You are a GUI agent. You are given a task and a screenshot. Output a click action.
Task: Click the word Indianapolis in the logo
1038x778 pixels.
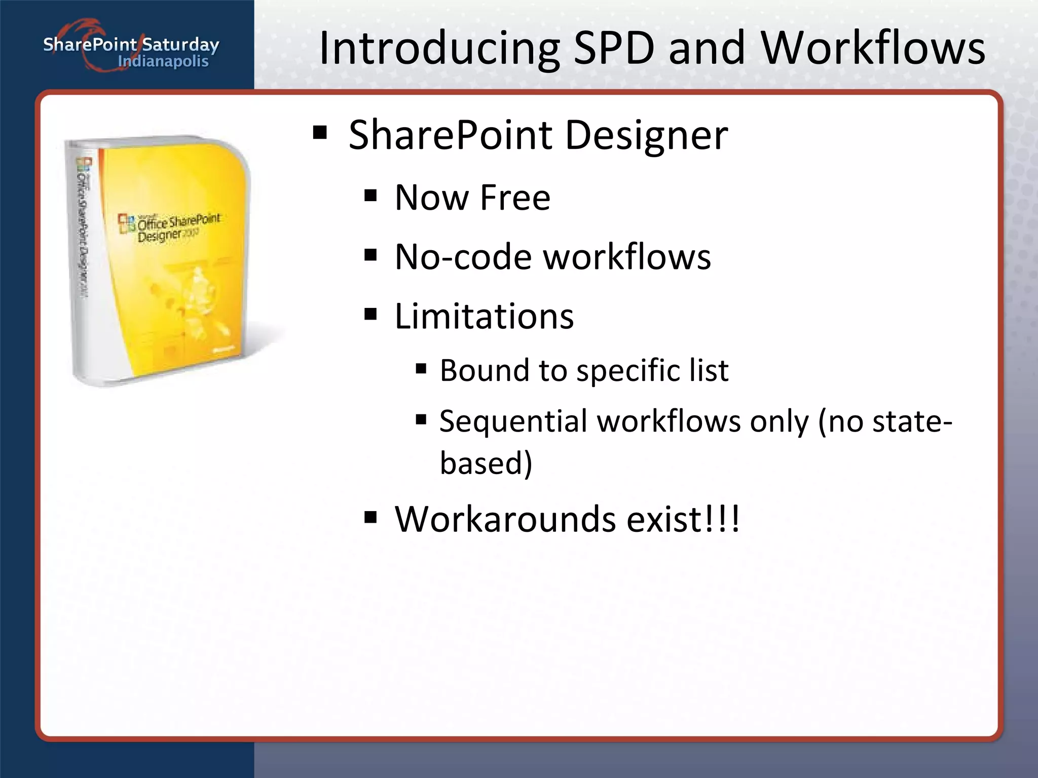[x=163, y=62]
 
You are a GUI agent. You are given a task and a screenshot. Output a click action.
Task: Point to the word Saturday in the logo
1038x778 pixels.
[x=180, y=45]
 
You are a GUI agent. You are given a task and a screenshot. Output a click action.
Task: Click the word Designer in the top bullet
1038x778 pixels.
[x=646, y=135]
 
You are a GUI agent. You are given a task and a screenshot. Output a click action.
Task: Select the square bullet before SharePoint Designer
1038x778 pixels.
[x=320, y=133]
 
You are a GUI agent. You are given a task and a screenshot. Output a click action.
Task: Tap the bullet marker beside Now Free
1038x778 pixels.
[x=370, y=196]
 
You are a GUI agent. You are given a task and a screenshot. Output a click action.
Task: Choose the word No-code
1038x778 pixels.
[x=462, y=257]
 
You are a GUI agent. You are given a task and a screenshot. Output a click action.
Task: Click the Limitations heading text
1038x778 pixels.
[x=484, y=316]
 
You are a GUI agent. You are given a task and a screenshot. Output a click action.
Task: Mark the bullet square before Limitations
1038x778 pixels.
[x=370, y=315]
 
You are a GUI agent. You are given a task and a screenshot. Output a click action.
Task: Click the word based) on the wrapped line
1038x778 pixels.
[x=486, y=462]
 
